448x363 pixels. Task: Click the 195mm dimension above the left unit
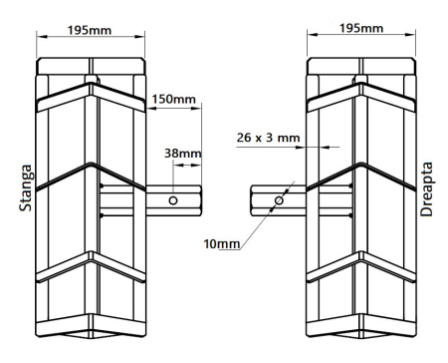89,30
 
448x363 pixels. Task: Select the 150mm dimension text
174,100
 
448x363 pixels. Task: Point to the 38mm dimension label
183,154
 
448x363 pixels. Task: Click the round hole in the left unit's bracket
173,200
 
